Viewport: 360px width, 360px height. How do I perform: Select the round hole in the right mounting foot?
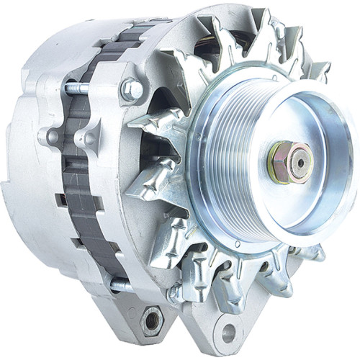(229, 333)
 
